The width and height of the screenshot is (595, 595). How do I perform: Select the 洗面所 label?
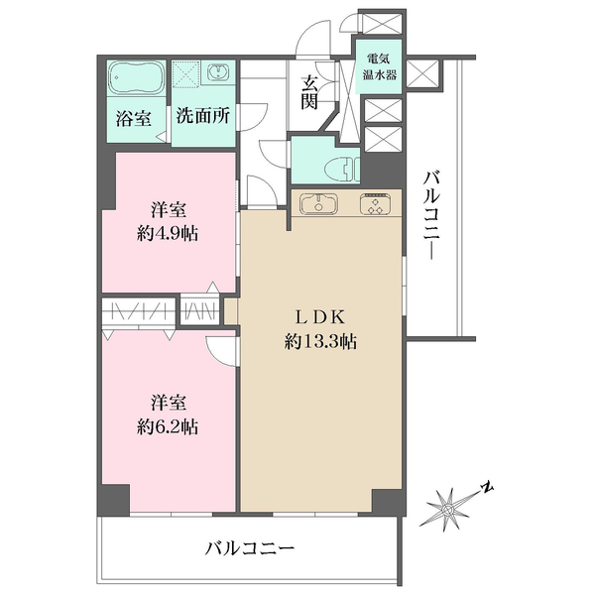[202, 115]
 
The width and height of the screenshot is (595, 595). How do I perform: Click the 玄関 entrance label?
[310, 92]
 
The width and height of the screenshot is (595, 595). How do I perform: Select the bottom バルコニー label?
[250, 547]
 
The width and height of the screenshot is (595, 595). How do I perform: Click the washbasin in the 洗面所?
[217, 74]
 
